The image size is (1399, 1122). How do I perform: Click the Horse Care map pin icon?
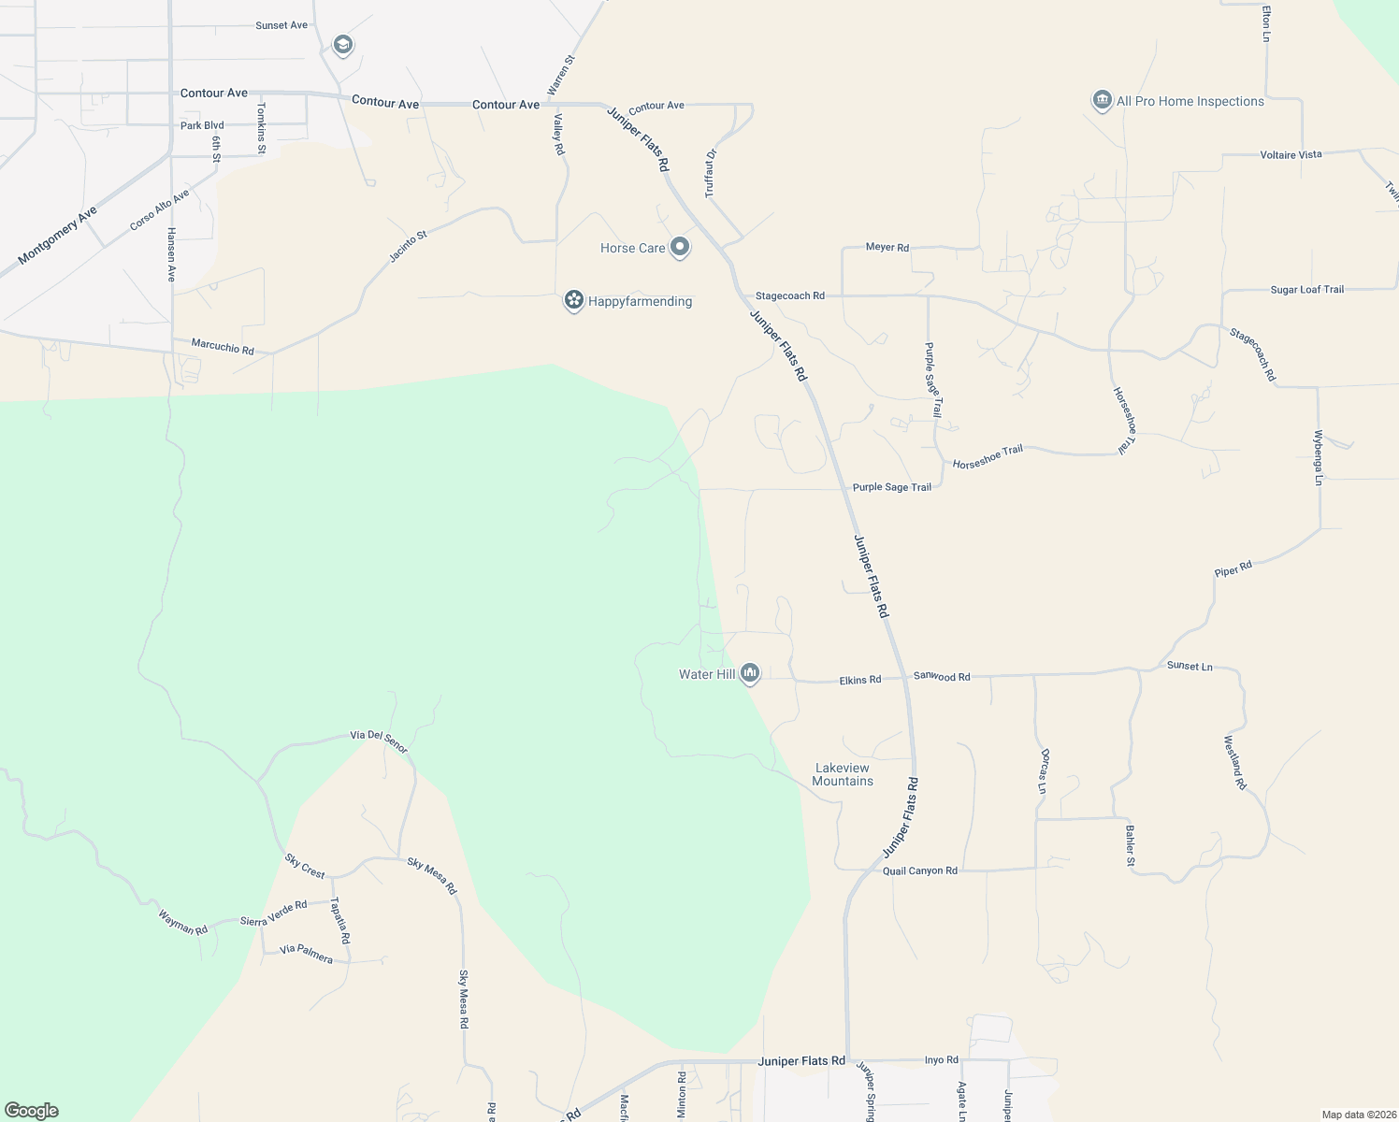pos(680,248)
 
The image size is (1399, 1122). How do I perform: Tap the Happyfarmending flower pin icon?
pos(573,301)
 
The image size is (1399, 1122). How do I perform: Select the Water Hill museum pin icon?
pos(749,673)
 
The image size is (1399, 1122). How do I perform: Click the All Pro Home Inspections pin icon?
pos(1102,101)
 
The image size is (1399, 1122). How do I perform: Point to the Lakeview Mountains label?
pos(843,774)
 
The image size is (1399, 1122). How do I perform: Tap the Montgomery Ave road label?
pos(57,235)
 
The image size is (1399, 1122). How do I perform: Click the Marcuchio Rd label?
pos(223,347)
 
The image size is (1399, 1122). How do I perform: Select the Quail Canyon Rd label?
pos(919,870)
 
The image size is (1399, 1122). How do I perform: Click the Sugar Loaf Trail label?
pos(1306,290)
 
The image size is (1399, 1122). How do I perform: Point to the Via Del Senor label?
pos(379,741)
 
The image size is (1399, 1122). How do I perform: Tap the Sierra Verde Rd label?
pos(273,913)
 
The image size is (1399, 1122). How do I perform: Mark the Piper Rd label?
pos(1233,569)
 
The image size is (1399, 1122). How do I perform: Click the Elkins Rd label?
pos(860,680)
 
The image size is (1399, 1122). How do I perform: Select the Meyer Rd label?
pos(887,248)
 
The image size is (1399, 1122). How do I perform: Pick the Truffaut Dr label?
pos(710,173)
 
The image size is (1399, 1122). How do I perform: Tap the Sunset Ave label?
pos(281,25)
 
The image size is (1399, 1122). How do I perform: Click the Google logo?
pos(32,1111)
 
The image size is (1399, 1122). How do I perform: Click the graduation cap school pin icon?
pos(343,44)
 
